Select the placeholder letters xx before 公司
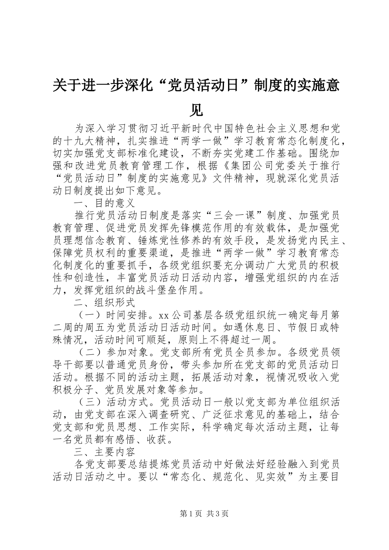pos(164,316)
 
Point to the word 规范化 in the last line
pos(223,477)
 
